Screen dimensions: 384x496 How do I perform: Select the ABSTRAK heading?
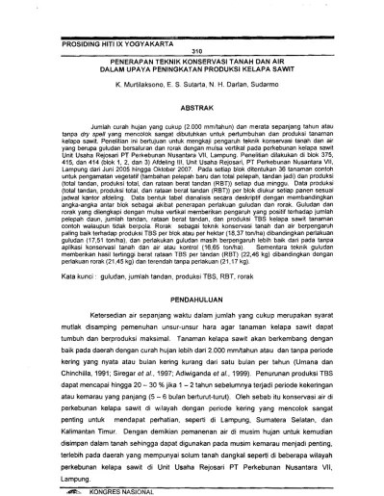pyautogui.click(x=192, y=110)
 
